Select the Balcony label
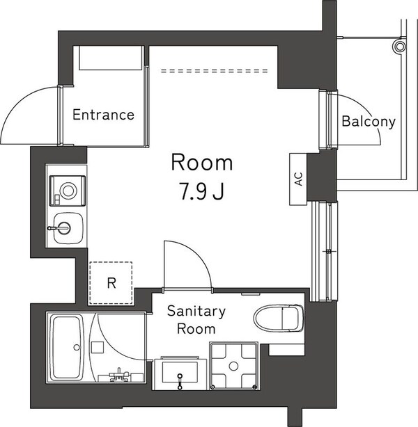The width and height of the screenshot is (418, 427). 369,122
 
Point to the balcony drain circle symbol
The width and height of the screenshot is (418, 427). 399,47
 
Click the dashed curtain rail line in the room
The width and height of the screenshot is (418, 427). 215,71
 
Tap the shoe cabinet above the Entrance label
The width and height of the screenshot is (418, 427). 111,58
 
